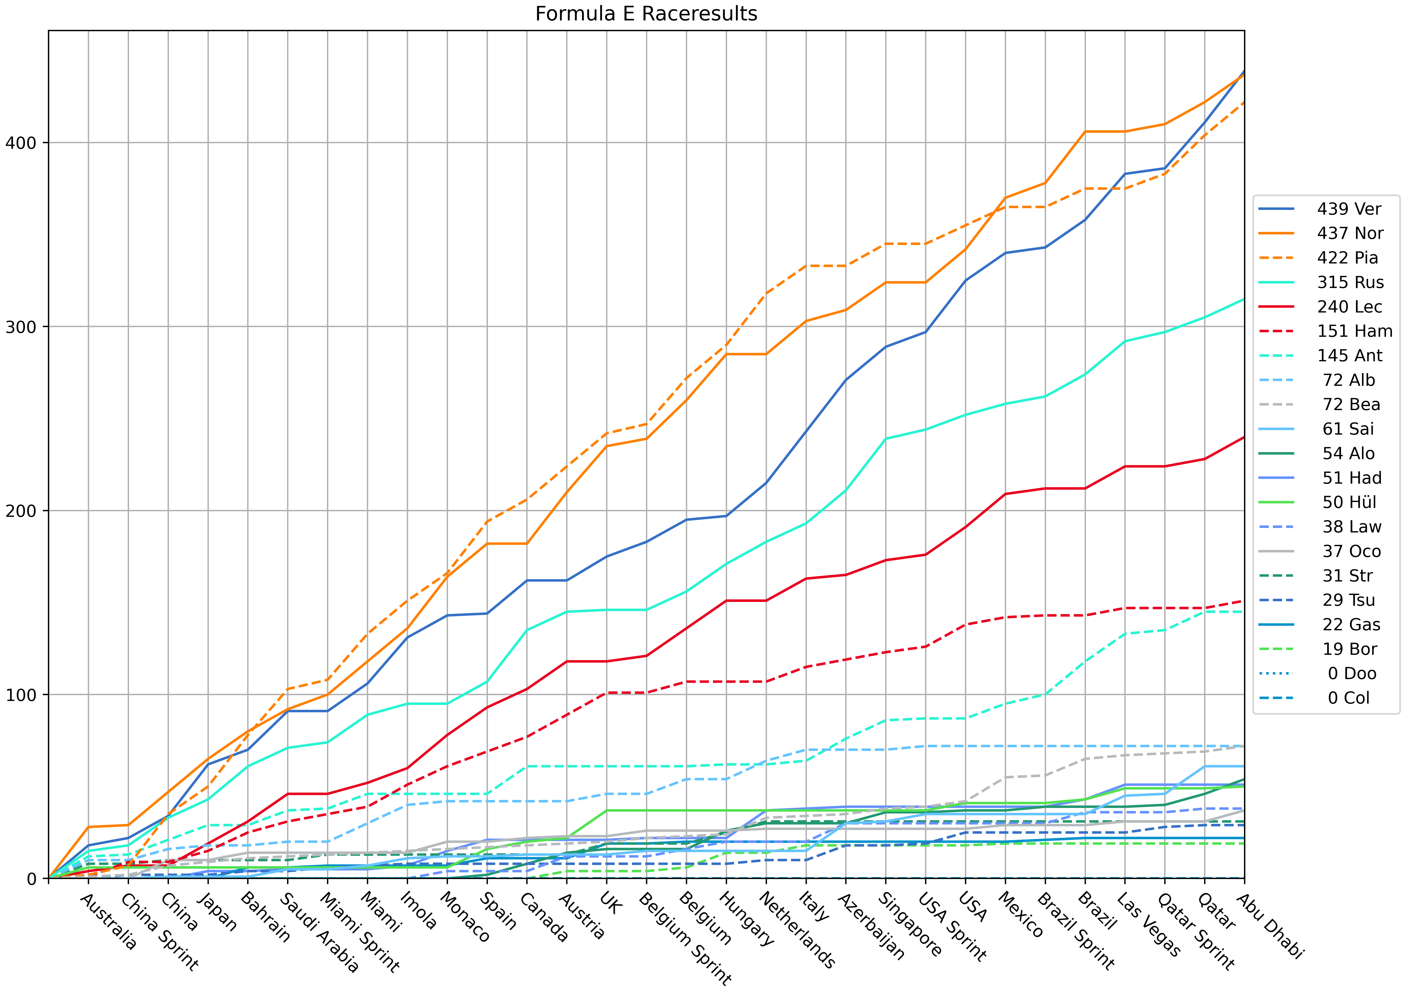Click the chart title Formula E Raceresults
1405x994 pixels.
[646, 13]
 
